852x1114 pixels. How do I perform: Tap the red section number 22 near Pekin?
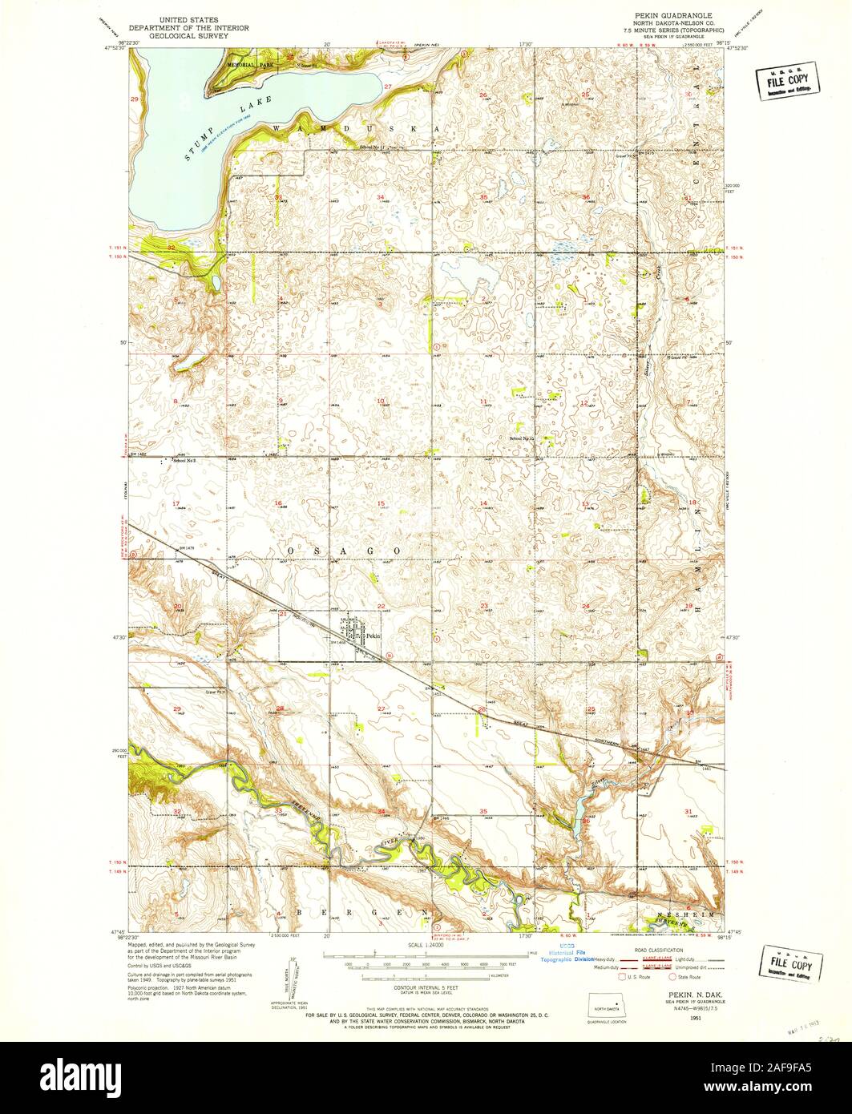tap(382, 606)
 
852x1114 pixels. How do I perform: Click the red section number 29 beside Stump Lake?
tap(135, 99)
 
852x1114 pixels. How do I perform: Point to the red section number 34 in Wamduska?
tap(381, 197)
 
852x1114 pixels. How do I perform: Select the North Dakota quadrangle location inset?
tap(608, 1007)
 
